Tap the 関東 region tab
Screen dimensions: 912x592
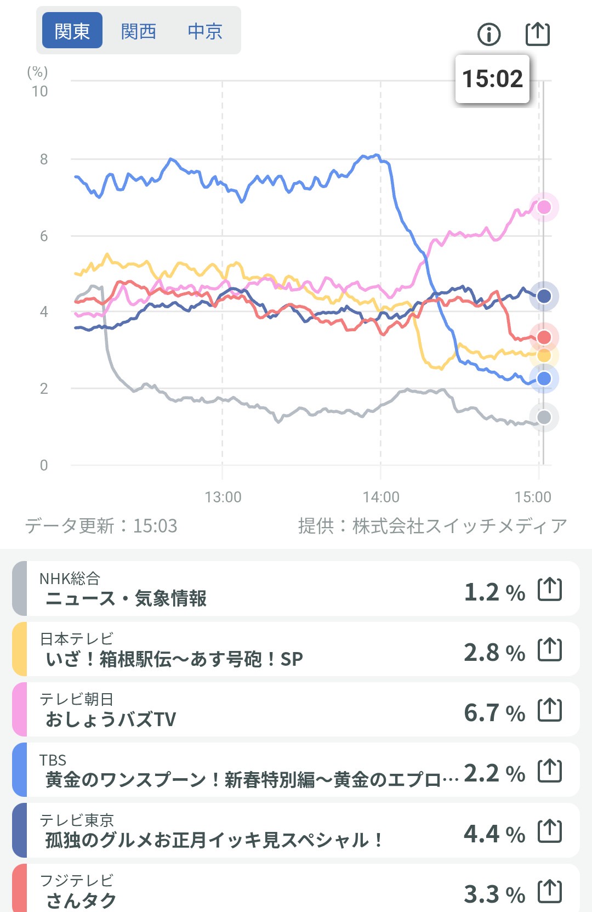(x=72, y=31)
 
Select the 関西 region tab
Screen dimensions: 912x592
(x=139, y=31)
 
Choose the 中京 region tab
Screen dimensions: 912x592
(x=205, y=31)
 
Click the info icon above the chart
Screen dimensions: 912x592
(x=489, y=34)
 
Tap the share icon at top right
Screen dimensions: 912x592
(x=537, y=34)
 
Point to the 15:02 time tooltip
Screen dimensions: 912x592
(x=492, y=79)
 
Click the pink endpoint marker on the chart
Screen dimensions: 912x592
(x=544, y=207)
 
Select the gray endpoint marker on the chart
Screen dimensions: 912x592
(x=544, y=417)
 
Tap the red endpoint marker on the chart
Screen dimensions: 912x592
(x=544, y=337)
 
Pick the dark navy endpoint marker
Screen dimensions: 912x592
(x=544, y=296)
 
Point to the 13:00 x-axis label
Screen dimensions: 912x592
(x=223, y=497)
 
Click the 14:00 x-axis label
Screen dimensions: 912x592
(x=381, y=497)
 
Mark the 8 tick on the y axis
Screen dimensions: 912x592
(x=44, y=160)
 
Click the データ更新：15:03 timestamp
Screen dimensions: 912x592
(x=101, y=526)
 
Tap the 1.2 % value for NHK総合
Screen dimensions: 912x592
(x=494, y=592)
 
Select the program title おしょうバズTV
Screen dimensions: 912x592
(x=111, y=719)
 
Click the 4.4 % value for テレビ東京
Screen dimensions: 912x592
(x=494, y=834)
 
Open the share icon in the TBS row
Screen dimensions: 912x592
(x=550, y=771)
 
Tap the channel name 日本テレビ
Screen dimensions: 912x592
(x=77, y=638)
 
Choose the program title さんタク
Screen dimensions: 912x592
(x=81, y=900)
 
